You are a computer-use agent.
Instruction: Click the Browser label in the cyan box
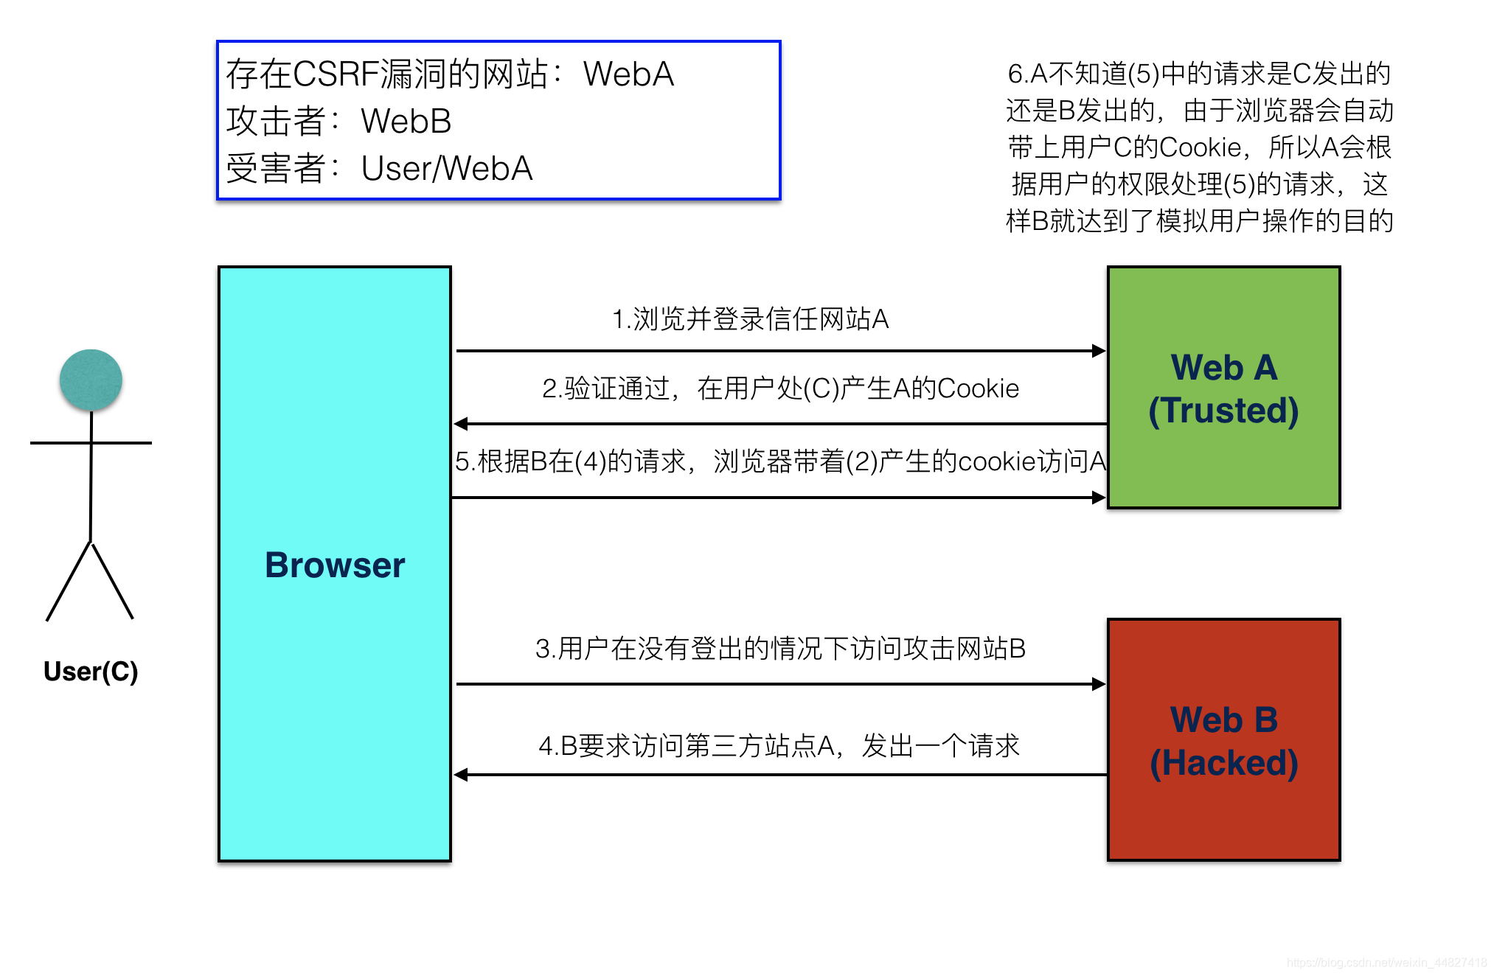coord(334,565)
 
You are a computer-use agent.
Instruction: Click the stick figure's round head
coord(91,380)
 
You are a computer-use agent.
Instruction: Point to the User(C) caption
coord(91,672)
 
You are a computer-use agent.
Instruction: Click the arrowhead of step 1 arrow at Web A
coord(1099,351)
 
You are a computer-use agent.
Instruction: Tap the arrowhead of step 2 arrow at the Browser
coord(462,424)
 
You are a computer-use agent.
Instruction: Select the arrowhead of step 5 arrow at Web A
coord(1099,498)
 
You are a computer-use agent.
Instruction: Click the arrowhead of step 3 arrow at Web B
coord(1099,684)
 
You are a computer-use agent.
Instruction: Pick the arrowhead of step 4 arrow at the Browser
coord(462,775)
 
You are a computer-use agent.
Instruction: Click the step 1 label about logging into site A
coord(750,319)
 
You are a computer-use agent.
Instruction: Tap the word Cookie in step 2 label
coord(978,388)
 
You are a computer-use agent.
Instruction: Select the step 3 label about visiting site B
coord(780,649)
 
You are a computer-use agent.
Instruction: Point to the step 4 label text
coord(779,746)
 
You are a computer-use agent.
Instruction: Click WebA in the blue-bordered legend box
coord(628,74)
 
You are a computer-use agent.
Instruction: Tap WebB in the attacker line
coord(406,122)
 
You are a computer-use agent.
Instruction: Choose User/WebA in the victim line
coord(446,169)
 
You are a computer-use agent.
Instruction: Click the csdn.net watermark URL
coord(1386,963)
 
